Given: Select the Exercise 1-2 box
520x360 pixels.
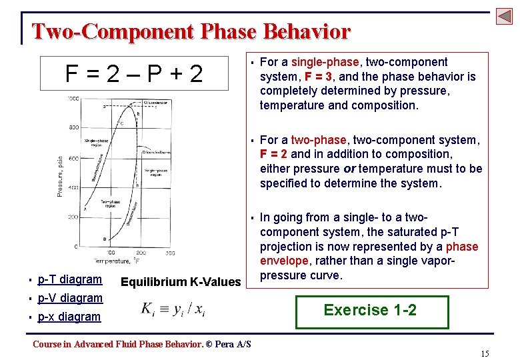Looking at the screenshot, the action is click(x=370, y=310).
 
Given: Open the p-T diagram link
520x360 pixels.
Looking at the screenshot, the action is click(x=70, y=279).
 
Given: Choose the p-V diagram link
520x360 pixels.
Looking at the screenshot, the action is click(x=70, y=298).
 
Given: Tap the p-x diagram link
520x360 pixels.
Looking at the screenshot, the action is click(x=69, y=317).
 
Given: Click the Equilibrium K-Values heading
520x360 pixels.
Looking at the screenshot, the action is click(x=180, y=282).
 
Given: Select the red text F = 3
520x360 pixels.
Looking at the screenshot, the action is click(x=319, y=77).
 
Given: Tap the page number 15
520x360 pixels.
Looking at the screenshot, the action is click(x=485, y=353).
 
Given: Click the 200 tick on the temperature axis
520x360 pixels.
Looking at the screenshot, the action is click(x=141, y=253).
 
